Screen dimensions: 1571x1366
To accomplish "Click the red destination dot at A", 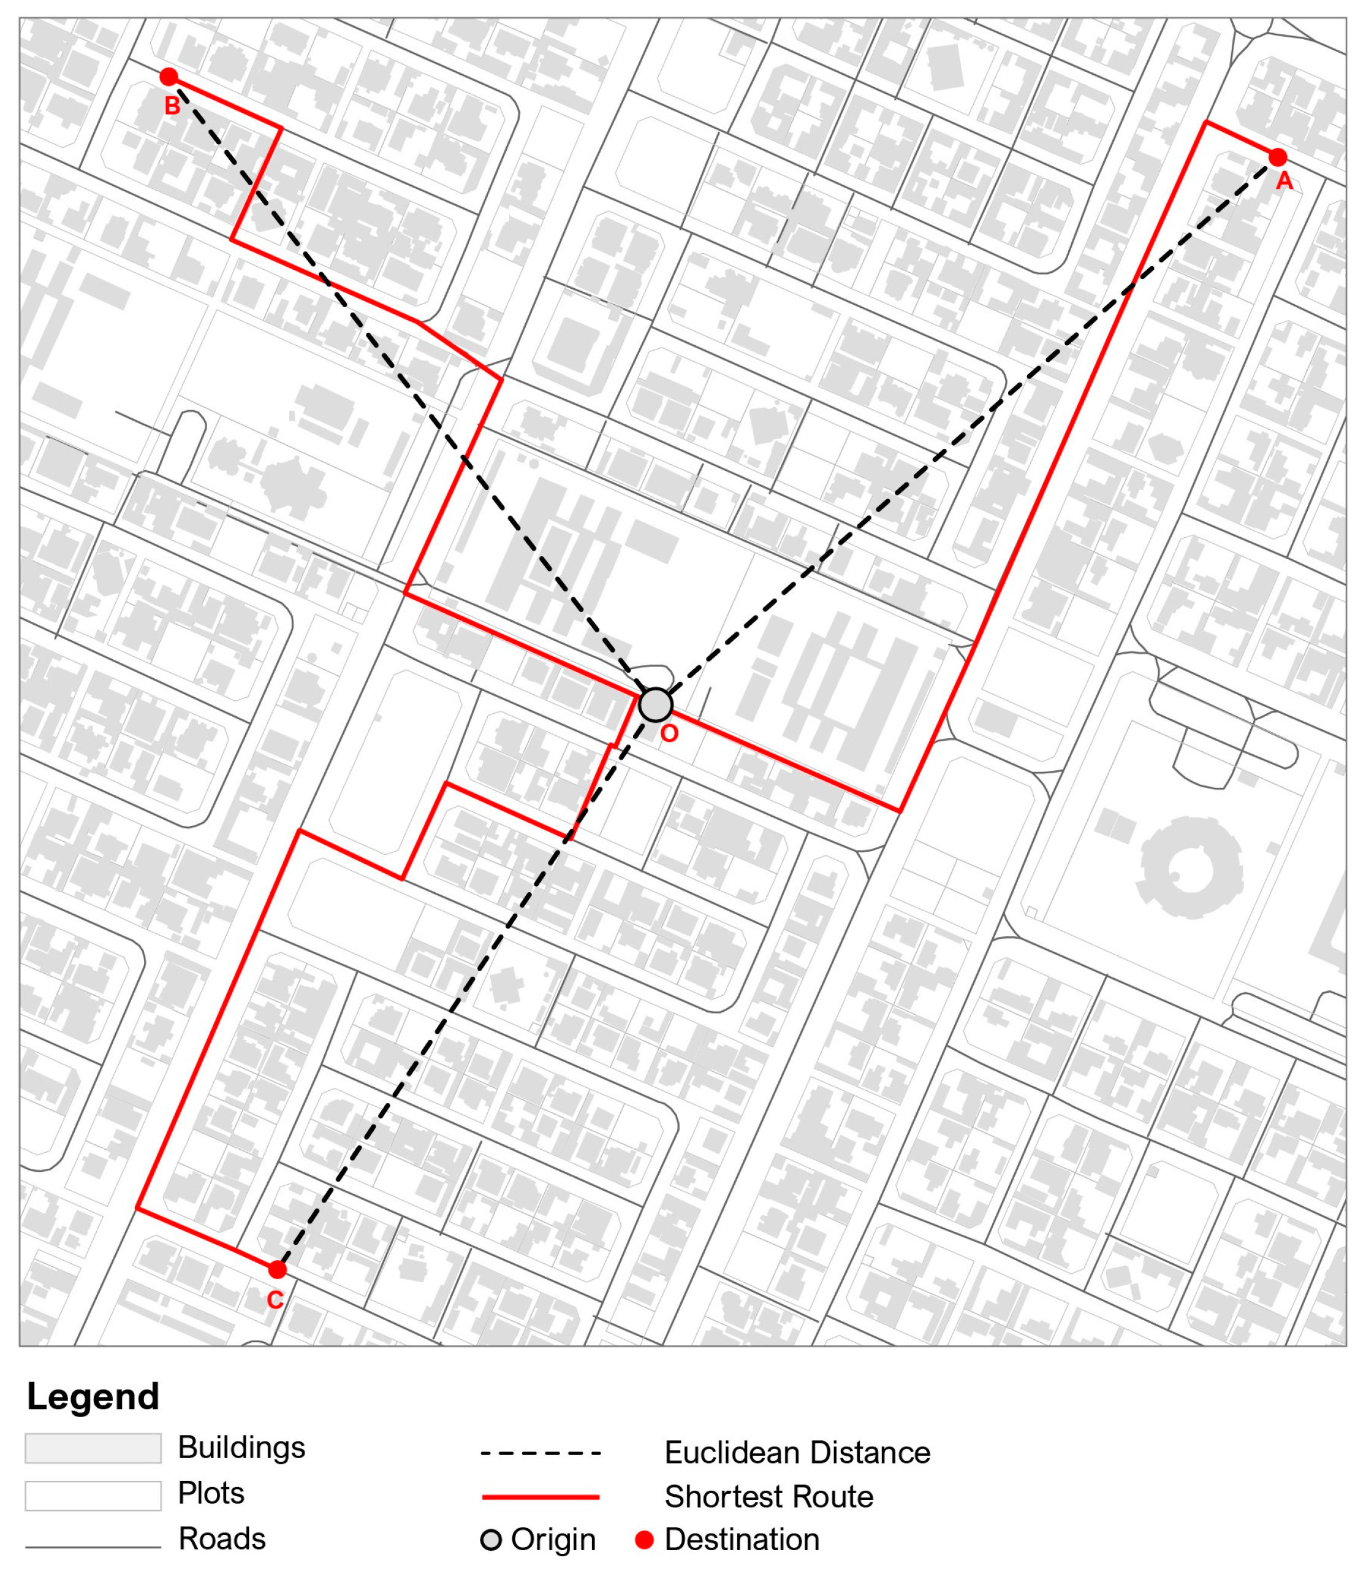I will pos(1278,158).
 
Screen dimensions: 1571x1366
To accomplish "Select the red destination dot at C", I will pos(278,1269).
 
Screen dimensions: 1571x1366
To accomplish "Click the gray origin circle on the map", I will pos(656,705).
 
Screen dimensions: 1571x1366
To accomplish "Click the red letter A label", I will pos(1284,182).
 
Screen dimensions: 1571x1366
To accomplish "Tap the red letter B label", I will pos(172,106).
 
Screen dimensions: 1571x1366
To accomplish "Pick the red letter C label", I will pos(275,1299).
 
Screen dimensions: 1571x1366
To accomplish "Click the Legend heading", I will pos(93,1397).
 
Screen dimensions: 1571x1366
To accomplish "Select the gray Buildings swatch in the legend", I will pos(93,1448).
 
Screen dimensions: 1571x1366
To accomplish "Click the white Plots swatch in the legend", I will pos(93,1496).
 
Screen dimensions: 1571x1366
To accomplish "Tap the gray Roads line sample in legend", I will pos(93,1547).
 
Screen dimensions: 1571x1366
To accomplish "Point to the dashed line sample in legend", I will pos(541,1453).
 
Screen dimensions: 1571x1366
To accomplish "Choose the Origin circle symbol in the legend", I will pos(491,1540).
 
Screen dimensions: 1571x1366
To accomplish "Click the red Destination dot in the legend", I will pos(644,1540).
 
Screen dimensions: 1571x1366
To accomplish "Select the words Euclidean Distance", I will pos(797,1453).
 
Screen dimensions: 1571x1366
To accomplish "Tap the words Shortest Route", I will pos(768,1497).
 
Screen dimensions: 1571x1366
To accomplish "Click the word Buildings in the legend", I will pos(241,1448).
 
